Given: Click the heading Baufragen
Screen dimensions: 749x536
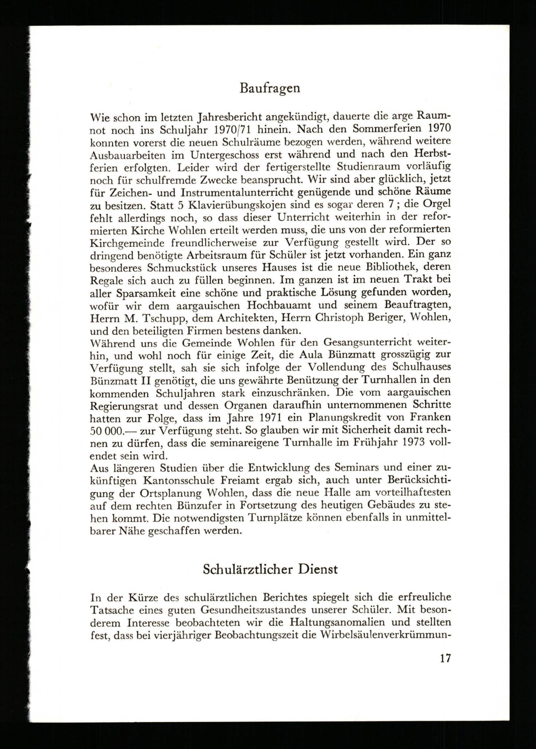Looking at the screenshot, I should (270, 88).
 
